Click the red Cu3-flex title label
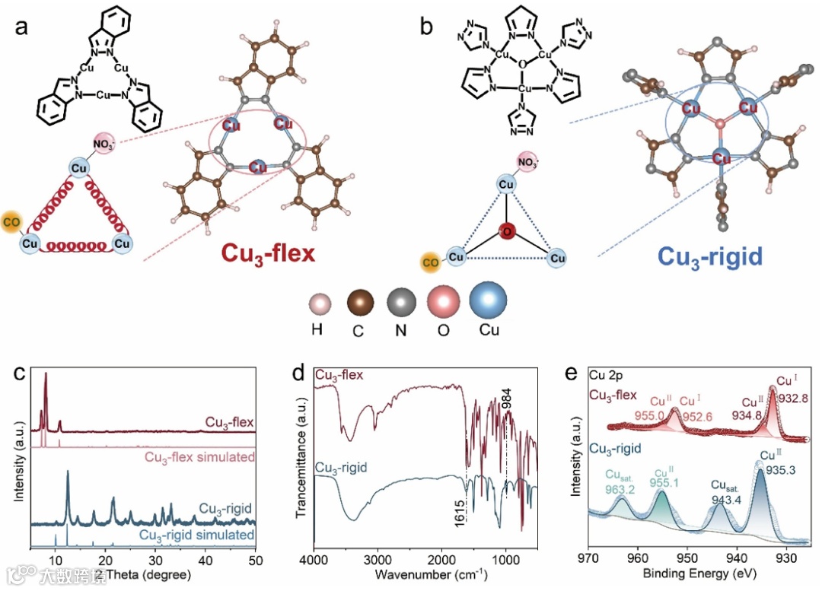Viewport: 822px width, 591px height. click(x=268, y=253)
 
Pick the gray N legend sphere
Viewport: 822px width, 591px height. click(x=403, y=303)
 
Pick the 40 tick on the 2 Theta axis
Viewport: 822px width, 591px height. click(x=205, y=560)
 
